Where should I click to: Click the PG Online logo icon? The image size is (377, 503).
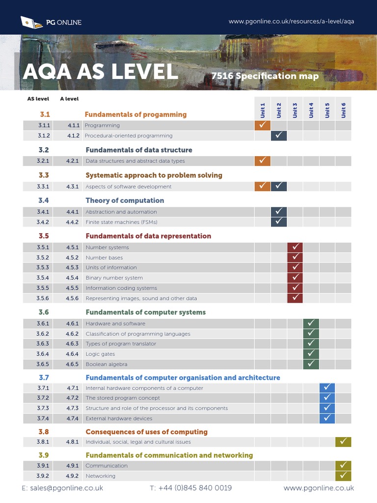click(x=30, y=22)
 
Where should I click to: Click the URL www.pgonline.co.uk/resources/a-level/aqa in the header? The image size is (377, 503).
click(x=291, y=22)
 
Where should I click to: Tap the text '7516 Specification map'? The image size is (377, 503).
click(x=265, y=76)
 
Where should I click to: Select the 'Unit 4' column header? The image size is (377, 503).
click(x=311, y=110)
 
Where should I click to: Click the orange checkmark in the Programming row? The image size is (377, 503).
click(x=263, y=125)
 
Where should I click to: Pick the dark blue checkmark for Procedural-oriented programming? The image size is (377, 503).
click(x=279, y=136)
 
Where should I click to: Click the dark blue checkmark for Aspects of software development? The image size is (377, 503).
click(x=279, y=186)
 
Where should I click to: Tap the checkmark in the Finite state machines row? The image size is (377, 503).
click(x=279, y=222)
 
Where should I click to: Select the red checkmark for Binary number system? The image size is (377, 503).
click(x=295, y=278)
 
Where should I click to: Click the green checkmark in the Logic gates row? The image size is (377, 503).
click(x=311, y=354)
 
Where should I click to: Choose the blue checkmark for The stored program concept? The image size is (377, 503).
click(x=327, y=398)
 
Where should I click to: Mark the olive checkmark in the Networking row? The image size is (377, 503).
click(x=343, y=475)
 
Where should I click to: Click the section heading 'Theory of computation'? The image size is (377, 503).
click(x=125, y=200)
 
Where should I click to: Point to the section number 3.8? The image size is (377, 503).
click(x=44, y=432)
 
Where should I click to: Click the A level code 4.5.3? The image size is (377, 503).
click(x=73, y=268)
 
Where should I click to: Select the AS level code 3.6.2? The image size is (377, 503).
click(x=43, y=334)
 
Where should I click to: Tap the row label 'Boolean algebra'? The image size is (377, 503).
click(x=107, y=364)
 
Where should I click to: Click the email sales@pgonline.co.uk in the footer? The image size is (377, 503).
click(x=62, y=488)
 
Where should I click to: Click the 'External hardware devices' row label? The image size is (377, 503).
click(x=119, y=419)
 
